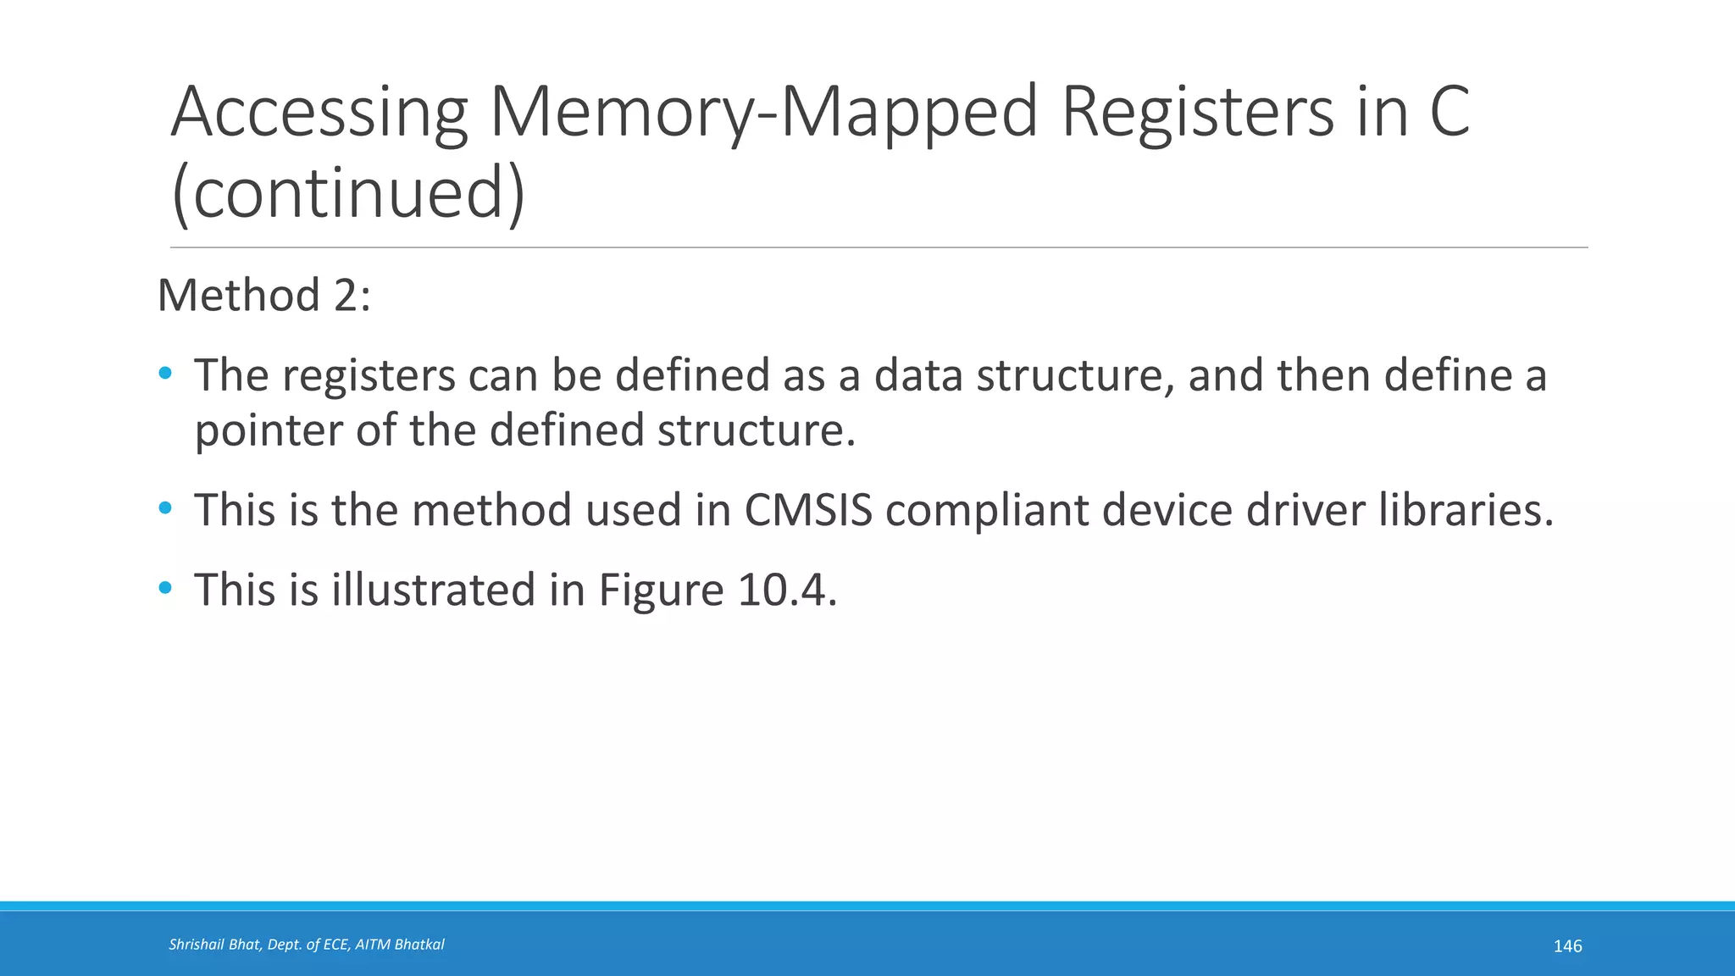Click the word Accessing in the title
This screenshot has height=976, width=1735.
click(x=319, y=113)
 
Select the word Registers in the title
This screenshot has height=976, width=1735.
click(x=1197, y=113)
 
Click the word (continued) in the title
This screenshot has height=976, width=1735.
click(x=348, y=193)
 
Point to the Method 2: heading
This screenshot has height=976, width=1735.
click(x=264, y=296)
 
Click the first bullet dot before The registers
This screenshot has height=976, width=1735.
click(x=165, y=373)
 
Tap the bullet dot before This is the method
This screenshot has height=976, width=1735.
click(x=165, y=508)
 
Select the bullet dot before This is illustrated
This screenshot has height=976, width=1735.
click(x=165, y=587)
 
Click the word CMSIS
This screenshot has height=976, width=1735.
click(x=808, y=510)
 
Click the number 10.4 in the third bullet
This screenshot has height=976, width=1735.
click(x=787, y=590)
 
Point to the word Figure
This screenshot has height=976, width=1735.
click(x=661, y=591)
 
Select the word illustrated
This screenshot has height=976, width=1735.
click(x=433, y=590)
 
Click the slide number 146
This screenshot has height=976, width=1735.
click(x=1567, y=946)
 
